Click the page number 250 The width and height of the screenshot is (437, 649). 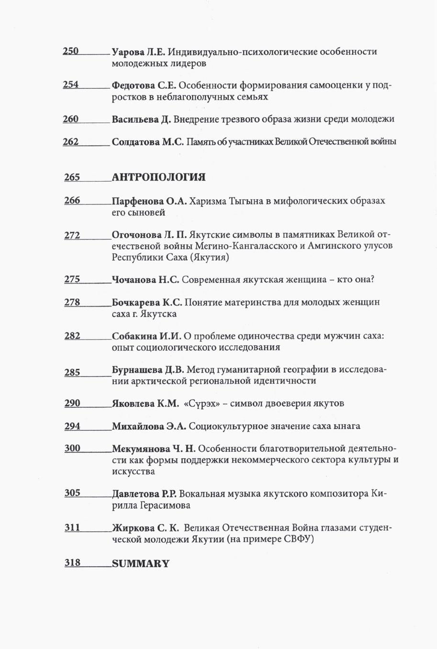[71, 51]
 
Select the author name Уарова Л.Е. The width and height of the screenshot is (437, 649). [138, 52]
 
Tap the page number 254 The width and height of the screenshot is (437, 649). [71, 85]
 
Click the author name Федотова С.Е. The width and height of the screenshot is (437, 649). [144, 85]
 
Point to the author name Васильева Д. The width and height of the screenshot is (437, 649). [141, 119]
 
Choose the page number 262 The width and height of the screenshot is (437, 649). [71, 142]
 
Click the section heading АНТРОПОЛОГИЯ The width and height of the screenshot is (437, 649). [158, 178]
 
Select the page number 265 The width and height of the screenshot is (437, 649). [72, 178]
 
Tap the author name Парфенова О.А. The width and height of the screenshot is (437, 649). [149, 201]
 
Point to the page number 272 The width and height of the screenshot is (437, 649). [72, 235]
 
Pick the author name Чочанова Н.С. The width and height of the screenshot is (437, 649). [146, 280]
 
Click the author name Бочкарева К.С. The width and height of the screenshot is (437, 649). [147, 303]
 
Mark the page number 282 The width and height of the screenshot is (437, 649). [72, 336]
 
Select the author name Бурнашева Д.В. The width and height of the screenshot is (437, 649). [147, 370]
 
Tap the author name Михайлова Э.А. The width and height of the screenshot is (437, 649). [149, 426]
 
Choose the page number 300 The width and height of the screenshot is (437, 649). [72, 449]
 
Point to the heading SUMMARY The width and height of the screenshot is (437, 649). [141, 564]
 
